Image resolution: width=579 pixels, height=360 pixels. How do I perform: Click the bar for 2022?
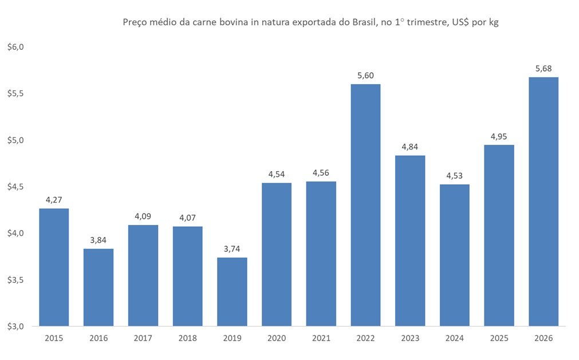(365, 205)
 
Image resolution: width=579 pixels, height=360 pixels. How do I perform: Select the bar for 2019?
(232, 292)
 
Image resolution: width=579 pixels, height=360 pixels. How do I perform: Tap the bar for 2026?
(543, 201)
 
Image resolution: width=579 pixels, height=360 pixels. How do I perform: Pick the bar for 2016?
(99, 287)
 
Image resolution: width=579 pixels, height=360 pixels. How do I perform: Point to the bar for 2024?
(454, 255)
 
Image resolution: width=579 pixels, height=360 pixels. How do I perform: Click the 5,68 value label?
(543, 69)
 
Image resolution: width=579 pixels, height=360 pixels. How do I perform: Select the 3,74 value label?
(232, 249)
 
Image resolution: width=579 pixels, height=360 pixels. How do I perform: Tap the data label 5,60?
(365, 76)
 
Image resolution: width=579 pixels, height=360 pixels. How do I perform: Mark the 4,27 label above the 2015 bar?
(54, 200)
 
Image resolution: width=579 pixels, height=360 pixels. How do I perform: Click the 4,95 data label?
(499, 136)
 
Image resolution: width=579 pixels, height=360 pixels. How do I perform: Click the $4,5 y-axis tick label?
(15, 187)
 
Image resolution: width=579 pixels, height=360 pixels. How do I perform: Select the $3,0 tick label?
(15, 326)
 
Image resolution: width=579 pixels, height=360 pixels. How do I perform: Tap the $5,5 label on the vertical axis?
(15, 93)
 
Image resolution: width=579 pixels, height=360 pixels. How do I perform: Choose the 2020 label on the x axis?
(277, 338)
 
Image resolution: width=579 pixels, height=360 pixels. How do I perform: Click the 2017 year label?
(143, 338)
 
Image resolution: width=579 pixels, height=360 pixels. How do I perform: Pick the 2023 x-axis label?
(410, 338)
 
